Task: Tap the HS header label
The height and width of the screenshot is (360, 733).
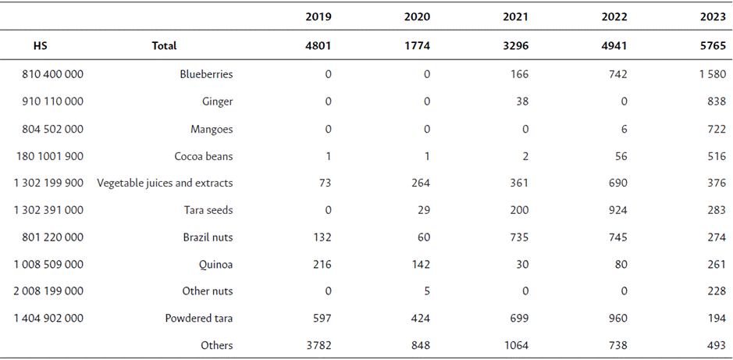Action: (x=40, y=46)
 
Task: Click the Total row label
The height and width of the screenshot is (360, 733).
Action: (x=164, y=46)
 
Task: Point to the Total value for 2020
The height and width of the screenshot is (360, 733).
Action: (x=417, y=46)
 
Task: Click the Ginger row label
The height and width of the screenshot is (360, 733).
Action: (x=217, y=102)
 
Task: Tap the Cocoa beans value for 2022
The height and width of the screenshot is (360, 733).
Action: (x=620, y=156)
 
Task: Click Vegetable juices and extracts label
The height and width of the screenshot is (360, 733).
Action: (x=165, y=183)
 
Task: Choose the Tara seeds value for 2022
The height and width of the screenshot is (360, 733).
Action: (x=617, y=210)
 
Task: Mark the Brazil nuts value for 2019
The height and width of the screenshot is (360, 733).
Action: (x=321, y=237)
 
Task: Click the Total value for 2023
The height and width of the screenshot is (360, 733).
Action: (x=713, y=46)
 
